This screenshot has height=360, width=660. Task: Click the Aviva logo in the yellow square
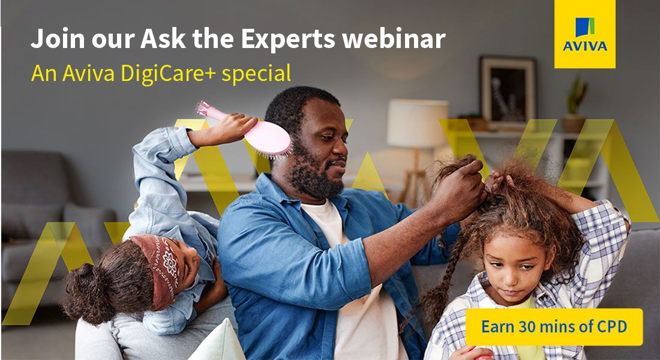[x=584, y=34]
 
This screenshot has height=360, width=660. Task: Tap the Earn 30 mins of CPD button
[x=554, y=327]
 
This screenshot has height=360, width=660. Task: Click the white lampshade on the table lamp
[x=417, y=122]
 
